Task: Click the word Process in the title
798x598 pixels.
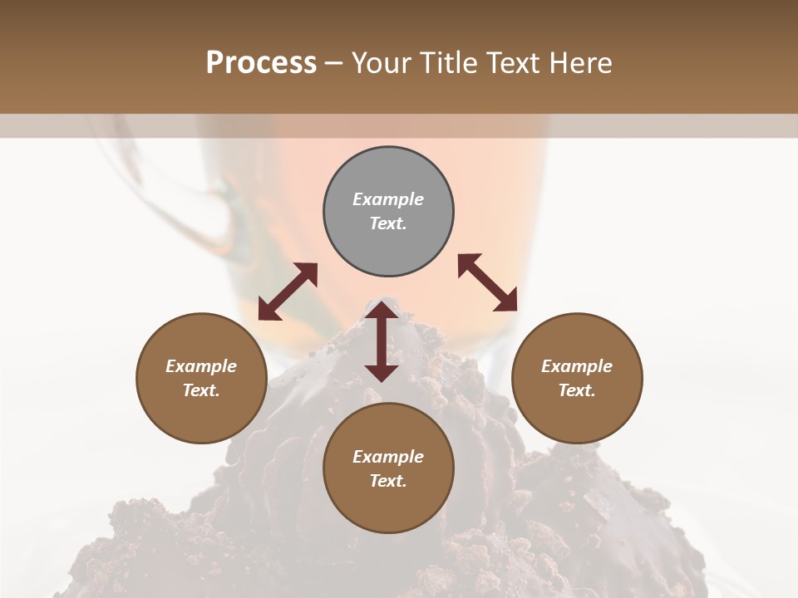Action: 261,63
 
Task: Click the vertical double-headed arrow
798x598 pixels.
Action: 382,342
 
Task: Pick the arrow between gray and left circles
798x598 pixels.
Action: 288,292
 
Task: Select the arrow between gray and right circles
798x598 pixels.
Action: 487,282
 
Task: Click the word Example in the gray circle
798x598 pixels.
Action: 388,199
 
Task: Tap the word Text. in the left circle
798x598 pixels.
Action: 201,390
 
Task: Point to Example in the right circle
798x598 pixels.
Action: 577,366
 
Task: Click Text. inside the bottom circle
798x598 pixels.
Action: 388,481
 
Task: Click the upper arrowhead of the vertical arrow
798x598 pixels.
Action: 382,310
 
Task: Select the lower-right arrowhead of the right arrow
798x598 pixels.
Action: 508,303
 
